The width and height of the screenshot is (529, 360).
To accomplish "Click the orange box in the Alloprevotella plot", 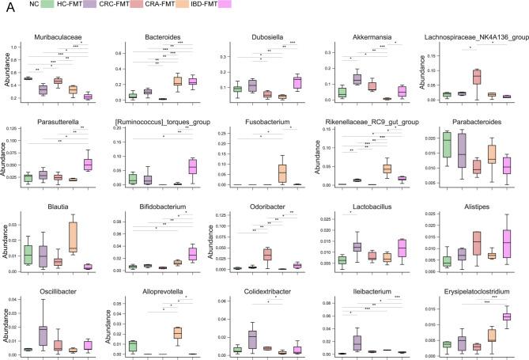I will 179,333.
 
